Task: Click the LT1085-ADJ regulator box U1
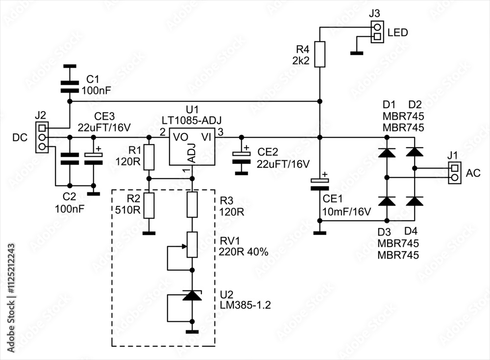(x=192, y=147)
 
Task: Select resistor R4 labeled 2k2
(x=319, y=54)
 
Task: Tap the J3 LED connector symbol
(x=377, y=32)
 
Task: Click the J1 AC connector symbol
(x=454, y=173)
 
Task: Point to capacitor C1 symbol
(x=69, y=86)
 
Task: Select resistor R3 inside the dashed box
(x=192, y=205)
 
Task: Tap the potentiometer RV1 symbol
(x=192, y=245)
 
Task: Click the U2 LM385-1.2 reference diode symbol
(x=192, y=296)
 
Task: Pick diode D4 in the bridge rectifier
(x=416, y=201)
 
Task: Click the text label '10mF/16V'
(x=346, y=212)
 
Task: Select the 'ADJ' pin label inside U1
(x=192, y=153)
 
